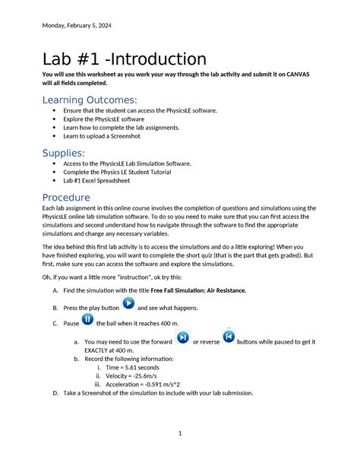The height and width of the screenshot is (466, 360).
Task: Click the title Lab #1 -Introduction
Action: click(x=124, y=59)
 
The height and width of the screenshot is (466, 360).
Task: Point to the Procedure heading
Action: click(x=77, y=198)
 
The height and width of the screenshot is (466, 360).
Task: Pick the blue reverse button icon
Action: click(x=229, y=337)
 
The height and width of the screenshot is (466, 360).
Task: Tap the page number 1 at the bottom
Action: click(x=179, y=433)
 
